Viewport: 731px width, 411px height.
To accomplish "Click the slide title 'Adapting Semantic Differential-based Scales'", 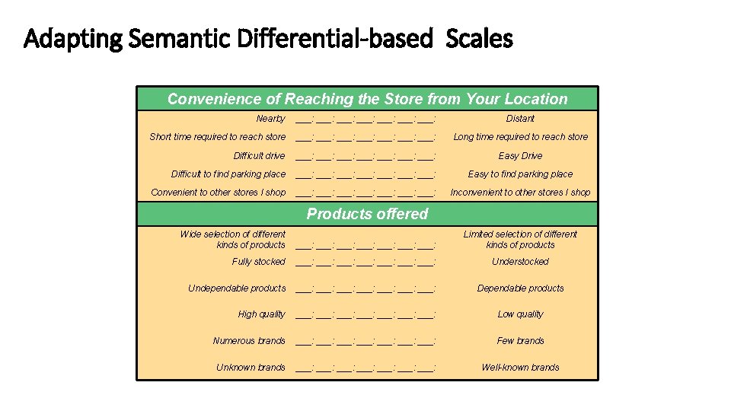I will coord(268,38).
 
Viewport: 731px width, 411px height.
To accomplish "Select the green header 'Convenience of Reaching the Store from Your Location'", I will coord(367,99).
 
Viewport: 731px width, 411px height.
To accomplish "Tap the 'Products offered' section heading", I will coord(367,214).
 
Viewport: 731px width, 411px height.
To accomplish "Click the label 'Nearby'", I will coord(270,119).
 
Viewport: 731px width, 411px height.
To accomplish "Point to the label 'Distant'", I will coord(520,119).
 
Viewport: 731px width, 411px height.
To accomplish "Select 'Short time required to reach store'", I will coord(218,137).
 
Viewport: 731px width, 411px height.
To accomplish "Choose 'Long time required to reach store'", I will coord(520,137).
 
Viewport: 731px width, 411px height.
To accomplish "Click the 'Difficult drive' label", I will coord(259,156).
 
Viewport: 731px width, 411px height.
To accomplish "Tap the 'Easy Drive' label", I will coord(520,156).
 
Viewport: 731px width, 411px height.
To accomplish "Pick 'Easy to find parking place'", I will coord(520,174).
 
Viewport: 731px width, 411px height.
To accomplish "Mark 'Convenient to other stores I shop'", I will coord(219,193).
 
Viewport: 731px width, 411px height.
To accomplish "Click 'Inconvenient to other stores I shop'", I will coord(520,193).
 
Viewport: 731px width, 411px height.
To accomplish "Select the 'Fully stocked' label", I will coord(259,262).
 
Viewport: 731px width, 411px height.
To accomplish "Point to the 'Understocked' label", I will coord(520,262).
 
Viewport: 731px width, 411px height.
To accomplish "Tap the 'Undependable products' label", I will coord(237,288).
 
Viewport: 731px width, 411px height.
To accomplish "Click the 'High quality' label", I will coord(262,314).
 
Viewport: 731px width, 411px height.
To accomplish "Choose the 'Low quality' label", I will coord(520,314).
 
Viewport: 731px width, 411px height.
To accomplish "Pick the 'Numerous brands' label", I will coord(249,341).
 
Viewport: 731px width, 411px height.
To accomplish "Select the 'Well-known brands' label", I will coord(520,368).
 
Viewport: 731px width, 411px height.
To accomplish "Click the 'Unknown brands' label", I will coord(251,368).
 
